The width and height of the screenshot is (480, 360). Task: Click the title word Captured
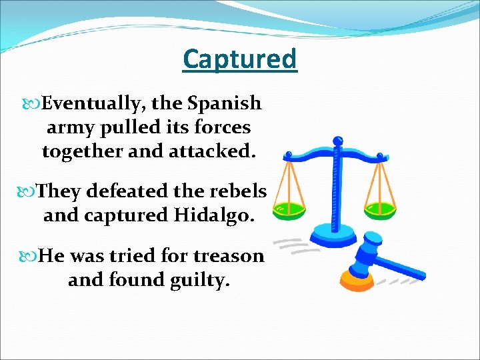(240, 59)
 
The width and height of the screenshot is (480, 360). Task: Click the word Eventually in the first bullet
(94, 104)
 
